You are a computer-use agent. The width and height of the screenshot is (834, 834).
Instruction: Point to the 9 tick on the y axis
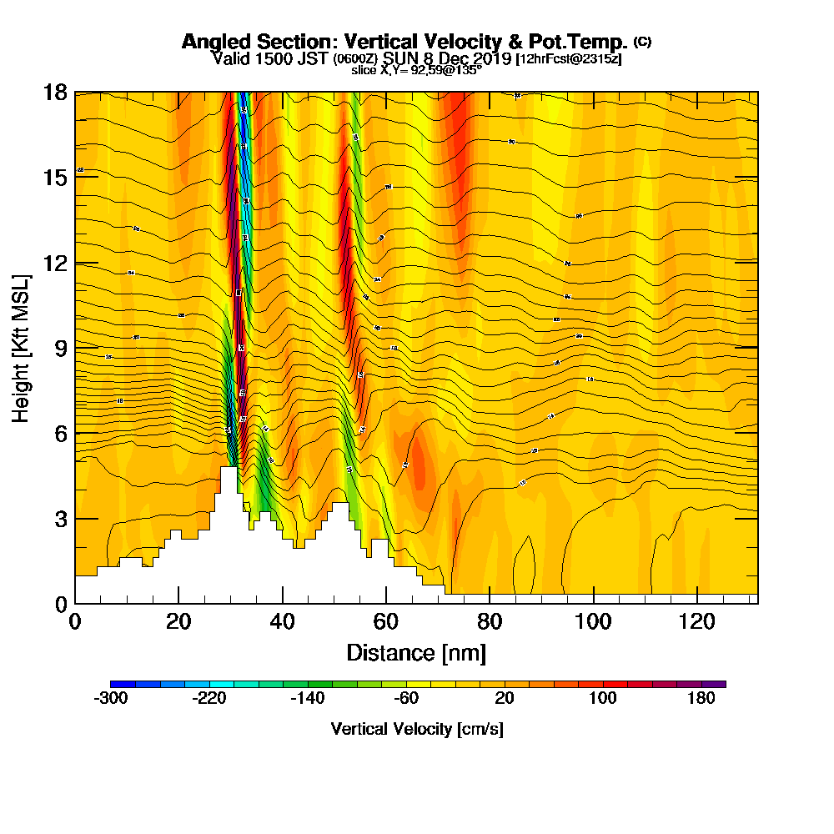(60, 347)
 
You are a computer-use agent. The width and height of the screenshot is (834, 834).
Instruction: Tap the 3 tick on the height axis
(60, 518)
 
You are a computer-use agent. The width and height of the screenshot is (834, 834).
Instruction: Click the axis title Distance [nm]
(415, 652)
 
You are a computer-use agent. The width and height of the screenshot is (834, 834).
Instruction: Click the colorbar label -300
(111, 699)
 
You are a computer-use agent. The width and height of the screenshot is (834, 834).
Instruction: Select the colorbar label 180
(701, 699)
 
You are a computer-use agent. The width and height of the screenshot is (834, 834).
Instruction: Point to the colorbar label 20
(504, 699)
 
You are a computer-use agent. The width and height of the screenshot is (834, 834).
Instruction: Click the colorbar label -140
(307, 699)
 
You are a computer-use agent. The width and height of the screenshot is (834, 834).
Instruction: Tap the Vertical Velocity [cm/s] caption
(417, 729)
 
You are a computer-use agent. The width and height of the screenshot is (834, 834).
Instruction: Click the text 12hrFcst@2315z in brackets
(569, 59)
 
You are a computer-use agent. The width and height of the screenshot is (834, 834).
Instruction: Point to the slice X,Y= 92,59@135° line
(417, 71)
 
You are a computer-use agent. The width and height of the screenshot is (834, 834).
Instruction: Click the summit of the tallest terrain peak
(227, 469)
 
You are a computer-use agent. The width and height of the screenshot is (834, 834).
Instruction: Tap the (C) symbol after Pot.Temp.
(642, 41)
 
